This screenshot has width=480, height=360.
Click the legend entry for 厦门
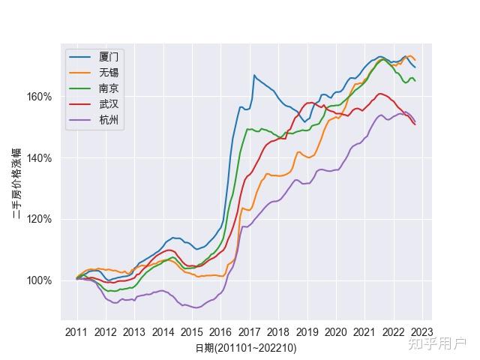[x=109, y=57]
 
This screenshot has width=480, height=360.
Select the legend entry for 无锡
[x=109, y=73]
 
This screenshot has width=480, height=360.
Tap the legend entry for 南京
[x=109, y=88]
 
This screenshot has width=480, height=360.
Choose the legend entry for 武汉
[x=109, y=104]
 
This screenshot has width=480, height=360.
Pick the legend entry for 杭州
[x=109, y=120]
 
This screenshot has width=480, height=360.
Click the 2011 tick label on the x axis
[x=76, y=331]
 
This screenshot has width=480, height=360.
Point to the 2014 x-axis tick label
[x=163, y=331]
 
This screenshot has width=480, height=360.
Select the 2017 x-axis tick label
[x=249, y=331]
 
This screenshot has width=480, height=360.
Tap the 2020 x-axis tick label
[x=335, y=331]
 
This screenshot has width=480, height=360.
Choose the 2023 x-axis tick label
[x=421, y=331]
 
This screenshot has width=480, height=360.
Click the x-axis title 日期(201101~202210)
[x=247, y=348]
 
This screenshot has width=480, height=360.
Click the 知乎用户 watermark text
[x=437, y=343]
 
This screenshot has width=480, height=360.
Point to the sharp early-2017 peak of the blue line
[x=254, y=75]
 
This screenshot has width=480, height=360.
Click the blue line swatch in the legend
[x=79, y=57]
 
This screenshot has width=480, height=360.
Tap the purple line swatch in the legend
[x=79, y=120]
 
